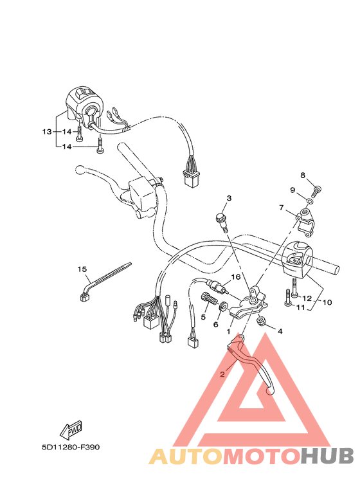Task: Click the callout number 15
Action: [82, 269]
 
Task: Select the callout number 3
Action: [228, 198]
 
